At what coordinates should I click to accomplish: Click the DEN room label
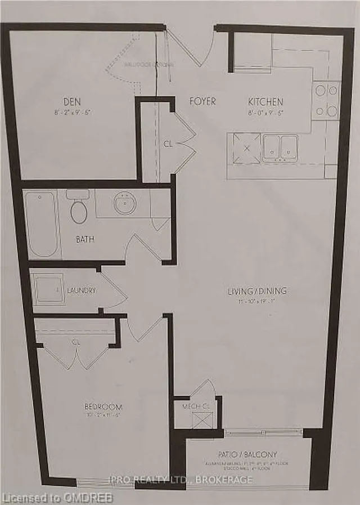coord(72,102)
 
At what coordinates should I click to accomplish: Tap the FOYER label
coord(202,102)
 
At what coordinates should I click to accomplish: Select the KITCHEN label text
coord(265,102)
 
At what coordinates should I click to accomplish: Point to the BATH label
coord(85,239)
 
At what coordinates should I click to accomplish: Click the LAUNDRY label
coord(82,291)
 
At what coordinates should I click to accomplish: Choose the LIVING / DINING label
coord(257,291)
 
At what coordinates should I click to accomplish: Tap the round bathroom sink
coord(124,203)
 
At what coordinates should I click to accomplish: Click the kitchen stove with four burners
coord(326,100)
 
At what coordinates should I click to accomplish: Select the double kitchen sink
coord(280,148)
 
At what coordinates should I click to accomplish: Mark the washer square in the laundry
coord(47,290)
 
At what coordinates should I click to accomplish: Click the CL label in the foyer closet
coord(167,144)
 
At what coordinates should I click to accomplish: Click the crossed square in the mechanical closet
coord(202,420)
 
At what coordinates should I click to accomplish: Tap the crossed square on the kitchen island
coord(245,148)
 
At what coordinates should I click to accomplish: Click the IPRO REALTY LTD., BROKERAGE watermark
coord(181,480)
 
